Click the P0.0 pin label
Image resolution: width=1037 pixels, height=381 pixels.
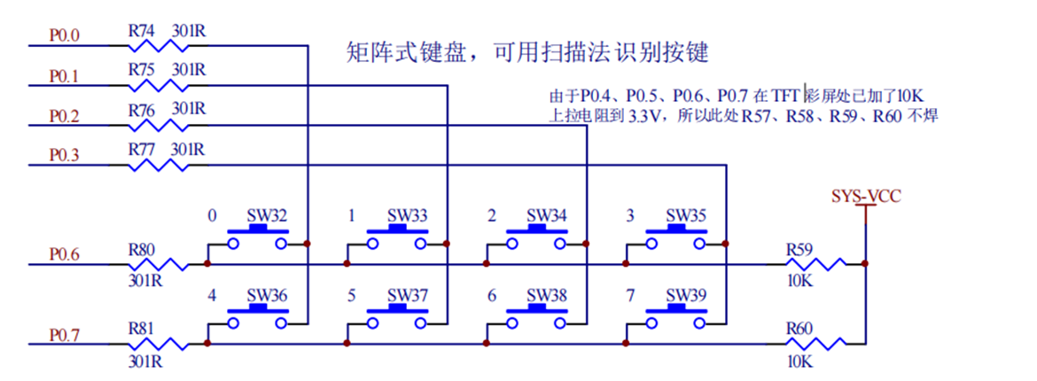(x=64, y=36)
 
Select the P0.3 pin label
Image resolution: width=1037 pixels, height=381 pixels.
(x=64, y=155)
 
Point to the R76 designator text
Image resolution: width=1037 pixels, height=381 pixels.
(x=142, y=110)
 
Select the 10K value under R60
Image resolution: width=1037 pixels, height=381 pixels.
(x=799, y=362)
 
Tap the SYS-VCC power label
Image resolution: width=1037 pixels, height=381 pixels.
(x=866, y=196)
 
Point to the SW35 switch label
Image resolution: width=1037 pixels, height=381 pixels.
(x=686, y=215)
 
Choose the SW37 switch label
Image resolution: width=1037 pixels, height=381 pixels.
(x=407, y=294)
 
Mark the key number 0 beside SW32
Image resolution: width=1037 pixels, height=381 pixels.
(x=211, y=215)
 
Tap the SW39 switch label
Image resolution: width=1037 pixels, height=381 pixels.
(x=686, y=294)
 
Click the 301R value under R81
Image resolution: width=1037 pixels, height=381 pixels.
(x=145, y=362)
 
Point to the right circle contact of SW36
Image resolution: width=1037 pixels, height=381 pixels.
(x=281, y=323)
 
